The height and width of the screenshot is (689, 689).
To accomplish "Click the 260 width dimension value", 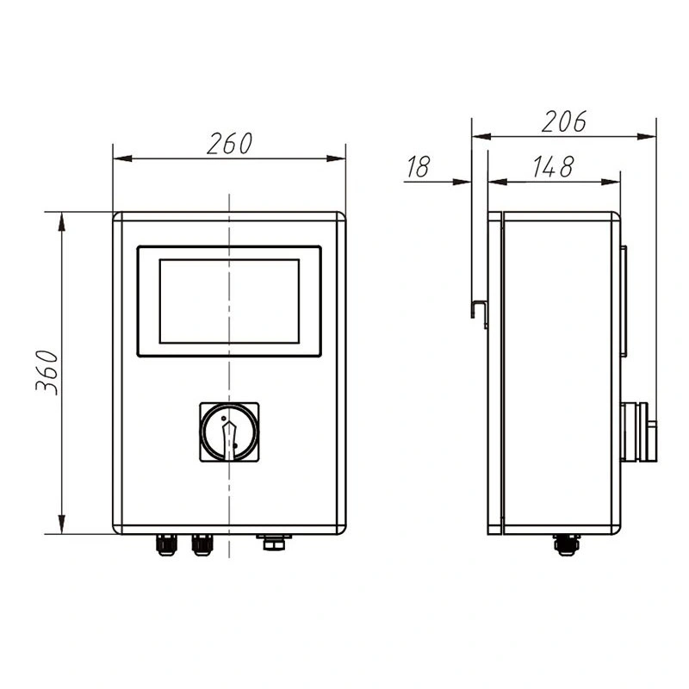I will pos(229,143).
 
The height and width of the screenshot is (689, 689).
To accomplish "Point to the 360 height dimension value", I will pos(47,372).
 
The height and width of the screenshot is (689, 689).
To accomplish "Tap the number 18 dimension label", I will pos(418,167).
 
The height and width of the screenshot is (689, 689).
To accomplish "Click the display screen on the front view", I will pos(229,301).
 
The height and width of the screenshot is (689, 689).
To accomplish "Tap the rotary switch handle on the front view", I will pos(228,431).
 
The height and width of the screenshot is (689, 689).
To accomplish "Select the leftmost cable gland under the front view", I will pos(165,544).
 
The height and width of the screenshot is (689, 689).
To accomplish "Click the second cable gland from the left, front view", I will pos(202,544).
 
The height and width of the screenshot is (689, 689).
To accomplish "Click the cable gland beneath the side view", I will pos(566,544).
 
